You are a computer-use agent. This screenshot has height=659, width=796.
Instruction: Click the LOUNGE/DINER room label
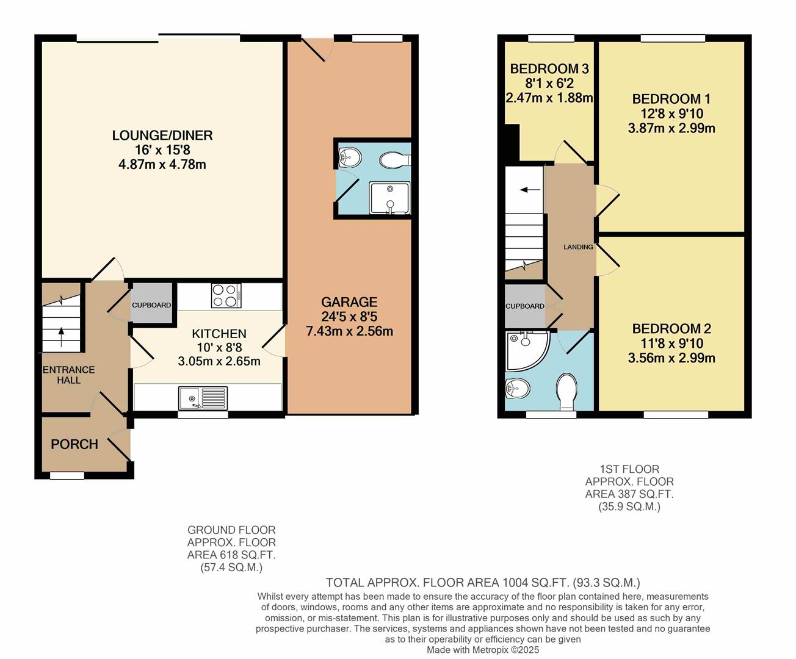(x=162, y=135)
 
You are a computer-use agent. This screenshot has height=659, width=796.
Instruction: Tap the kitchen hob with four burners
(x=226, y=296)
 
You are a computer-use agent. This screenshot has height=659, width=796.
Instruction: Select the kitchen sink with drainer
(x=203, y=398)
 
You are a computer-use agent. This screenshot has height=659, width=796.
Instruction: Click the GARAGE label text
(x=349, y=302)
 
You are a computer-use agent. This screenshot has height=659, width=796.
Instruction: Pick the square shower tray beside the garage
(x=389, y=198)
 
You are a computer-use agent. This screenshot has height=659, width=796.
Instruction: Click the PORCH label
(x=74, y=444)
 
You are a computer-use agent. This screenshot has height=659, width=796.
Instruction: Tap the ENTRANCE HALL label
(x=68, y=375)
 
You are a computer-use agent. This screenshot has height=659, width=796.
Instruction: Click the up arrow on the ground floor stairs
(x=60, y=333)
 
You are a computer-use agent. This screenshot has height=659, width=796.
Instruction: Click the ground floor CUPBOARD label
(x=152, y=305)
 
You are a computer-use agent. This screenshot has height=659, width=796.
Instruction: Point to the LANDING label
(x=578, y=247)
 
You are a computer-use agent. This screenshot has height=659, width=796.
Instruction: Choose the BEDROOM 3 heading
(x=549, y=69)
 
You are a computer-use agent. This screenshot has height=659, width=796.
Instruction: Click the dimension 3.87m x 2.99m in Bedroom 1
(x=671, y=128)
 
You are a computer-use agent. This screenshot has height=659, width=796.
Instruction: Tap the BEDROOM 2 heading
(x=671, y=329)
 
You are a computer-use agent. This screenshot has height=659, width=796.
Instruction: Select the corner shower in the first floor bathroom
(x=525, y=350)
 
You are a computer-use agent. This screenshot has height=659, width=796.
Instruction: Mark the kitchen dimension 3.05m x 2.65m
(x=219, y=361)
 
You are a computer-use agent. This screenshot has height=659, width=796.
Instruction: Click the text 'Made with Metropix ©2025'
(x=483, y=650)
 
